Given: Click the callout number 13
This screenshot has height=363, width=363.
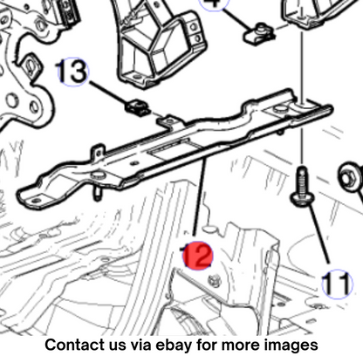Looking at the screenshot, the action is tap(72, 72).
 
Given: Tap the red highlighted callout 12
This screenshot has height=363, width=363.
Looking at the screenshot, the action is tap(198, 255).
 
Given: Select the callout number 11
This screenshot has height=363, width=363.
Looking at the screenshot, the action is tap(337, 284).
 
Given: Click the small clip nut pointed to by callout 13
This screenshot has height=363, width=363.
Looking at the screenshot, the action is tap(138, 108).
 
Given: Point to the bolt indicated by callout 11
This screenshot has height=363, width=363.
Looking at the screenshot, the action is tap(302, 187).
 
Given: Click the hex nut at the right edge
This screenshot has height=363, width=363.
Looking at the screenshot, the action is tap(352, 177).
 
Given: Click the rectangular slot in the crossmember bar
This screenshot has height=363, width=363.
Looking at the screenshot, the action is tap(169, 149).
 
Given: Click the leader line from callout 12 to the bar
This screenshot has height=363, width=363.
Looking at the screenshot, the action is tap(200, 198).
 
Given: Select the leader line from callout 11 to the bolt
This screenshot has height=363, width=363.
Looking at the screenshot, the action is tap(319, 234).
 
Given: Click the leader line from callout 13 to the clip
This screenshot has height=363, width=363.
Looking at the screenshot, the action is tap(109, 92).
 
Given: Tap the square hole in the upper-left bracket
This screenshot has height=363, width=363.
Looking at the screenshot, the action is tap(31, 67).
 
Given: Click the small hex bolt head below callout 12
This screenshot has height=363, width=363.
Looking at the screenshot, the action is tap(215, 281).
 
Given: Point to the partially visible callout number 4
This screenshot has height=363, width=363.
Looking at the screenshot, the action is tap(214, 3).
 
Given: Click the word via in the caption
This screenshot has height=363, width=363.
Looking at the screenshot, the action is tap(140, 345).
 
